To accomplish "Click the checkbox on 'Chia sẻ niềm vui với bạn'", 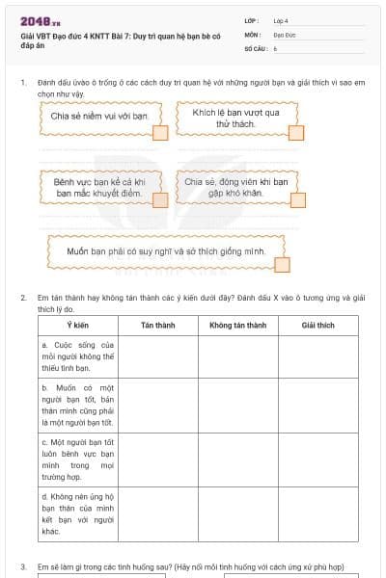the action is [161, 132].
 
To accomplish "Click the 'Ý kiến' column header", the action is [79, 326].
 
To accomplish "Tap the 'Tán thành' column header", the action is [157, 326].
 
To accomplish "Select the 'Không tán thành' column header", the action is [237, 326].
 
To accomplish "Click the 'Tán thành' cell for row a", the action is [157, 355].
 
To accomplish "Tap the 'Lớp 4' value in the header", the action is [281, 20].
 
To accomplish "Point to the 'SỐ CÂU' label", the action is [254, 47].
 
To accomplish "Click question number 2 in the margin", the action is [23, 298].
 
